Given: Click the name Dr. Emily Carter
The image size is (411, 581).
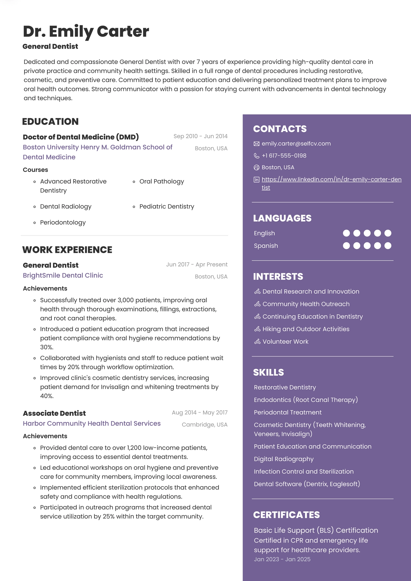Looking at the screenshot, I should (86, 31).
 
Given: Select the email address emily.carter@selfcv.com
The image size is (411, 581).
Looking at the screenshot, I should (296, 143).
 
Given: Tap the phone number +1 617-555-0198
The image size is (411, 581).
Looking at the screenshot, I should (284, 155).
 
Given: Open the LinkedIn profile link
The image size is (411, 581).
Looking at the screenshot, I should (331, 179).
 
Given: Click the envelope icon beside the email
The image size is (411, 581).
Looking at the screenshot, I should (257, 144).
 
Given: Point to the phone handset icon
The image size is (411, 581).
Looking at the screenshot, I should (257, 156).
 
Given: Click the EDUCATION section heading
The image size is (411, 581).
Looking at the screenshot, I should (50, 122).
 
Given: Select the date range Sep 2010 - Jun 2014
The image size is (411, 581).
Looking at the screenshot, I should (200, 136).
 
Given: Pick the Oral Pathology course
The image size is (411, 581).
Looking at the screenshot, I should (161, 181).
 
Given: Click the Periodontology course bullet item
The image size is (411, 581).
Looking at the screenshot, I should (63, 222).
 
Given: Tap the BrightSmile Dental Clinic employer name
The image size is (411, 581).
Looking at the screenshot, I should (63, 275).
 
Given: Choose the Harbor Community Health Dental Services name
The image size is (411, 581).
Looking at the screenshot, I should (92, 423).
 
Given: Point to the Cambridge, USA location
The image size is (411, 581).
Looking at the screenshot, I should (204, 425).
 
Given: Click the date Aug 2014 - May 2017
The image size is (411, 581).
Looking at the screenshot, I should (199, 413).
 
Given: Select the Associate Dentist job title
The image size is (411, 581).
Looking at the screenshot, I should (54, 413).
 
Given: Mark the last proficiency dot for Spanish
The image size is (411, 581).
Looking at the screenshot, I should (388, 246).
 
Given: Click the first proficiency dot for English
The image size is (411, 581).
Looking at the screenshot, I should (346, 233).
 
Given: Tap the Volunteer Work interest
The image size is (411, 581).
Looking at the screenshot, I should (285, 342).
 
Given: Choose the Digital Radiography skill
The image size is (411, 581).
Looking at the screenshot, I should (283, 459).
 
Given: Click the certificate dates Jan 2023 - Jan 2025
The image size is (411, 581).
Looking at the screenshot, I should (282, 559).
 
